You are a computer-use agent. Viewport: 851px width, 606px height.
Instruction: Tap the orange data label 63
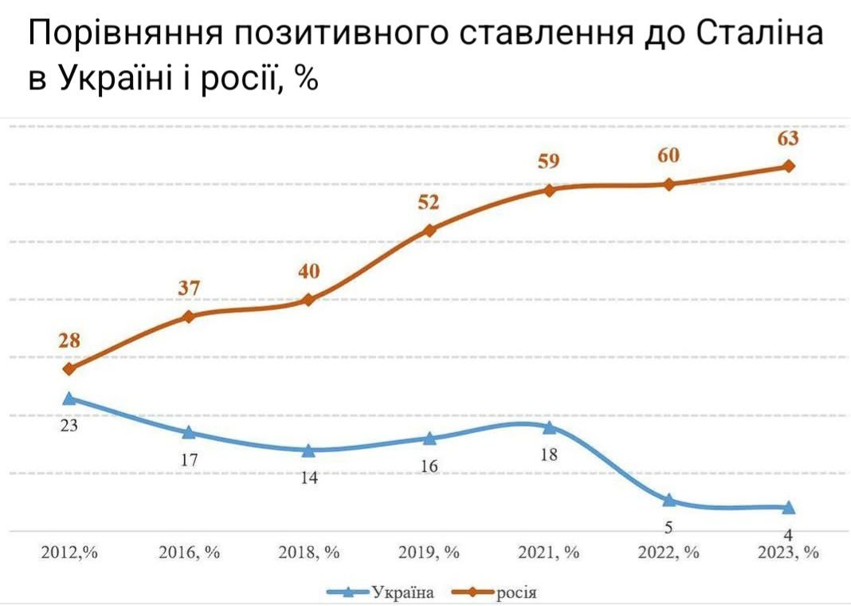788,139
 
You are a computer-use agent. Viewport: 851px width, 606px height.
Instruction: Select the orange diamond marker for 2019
429,230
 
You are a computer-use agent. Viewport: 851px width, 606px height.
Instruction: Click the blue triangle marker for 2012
69,398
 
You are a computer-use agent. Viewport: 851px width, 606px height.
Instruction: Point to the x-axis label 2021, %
549,553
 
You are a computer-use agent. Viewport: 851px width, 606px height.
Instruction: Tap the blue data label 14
309,478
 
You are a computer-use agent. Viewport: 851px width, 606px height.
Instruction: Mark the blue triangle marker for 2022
669,500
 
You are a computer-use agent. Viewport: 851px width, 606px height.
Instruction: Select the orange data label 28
69,340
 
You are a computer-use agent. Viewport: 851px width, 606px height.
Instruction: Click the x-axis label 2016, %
189,553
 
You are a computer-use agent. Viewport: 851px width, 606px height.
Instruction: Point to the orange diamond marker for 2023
789,166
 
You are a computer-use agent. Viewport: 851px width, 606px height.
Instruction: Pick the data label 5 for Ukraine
669,527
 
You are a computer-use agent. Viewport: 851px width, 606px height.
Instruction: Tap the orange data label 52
429,203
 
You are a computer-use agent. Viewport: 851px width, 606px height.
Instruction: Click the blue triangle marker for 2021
549,427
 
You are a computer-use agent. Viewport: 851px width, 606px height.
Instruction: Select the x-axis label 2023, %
789,553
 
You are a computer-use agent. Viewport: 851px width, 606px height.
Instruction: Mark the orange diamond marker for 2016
189,317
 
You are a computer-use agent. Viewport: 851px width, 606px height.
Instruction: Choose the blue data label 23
69,426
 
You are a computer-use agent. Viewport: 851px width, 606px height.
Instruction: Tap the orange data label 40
309,272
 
